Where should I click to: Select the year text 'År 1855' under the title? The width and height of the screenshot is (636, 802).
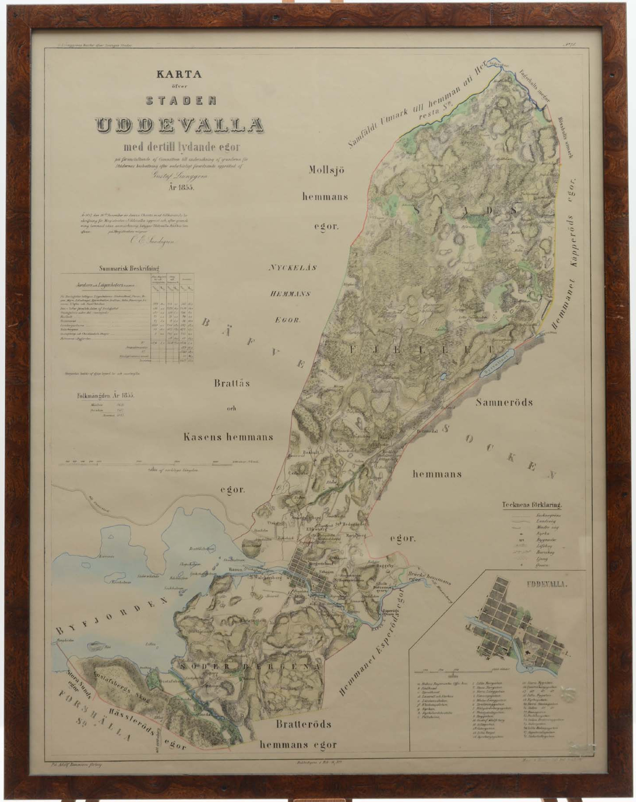point(181,187)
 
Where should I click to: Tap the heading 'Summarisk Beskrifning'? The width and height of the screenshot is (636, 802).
point(129,268)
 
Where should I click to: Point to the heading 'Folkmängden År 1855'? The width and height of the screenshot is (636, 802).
point(106,395)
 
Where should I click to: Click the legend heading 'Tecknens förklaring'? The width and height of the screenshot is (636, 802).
point(534,505)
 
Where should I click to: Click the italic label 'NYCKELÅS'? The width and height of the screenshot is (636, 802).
point(293,268)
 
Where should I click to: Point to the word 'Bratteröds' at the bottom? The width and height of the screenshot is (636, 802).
point(303,724)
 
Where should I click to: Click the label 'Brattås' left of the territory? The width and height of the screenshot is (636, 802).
point(232,383)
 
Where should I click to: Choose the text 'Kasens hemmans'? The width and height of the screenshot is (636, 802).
point(228,437)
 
